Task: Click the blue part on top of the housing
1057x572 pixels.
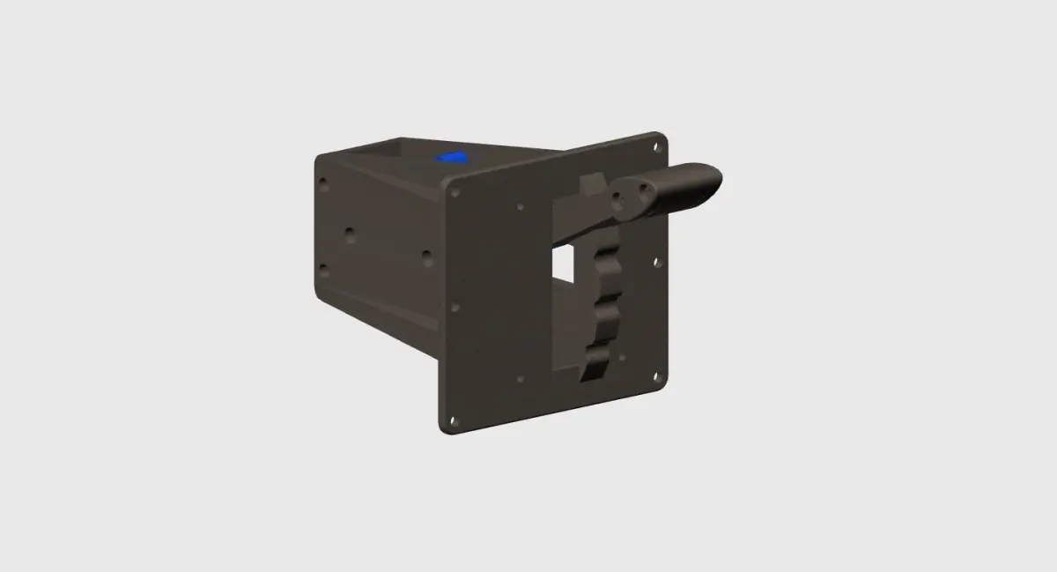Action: pyautogui.click(x=453, y=157)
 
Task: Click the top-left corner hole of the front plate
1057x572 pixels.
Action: pyautogui.click(x=455, y=190)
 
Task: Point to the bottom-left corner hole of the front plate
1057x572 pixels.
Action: pyautogui.click(x=454, y=421)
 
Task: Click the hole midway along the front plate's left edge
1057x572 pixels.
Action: pyautogui.click(x=455, y=308)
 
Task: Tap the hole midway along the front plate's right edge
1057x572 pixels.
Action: pyautogui.click(x=656, y=262)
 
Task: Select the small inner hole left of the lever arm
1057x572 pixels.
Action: pyautogui.click(x=520, y=208)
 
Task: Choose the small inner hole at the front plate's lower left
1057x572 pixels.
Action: pyautogui.click(x=520, y=379)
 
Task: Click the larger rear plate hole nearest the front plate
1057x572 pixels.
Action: pyautogui.click(x=426, y=255)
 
